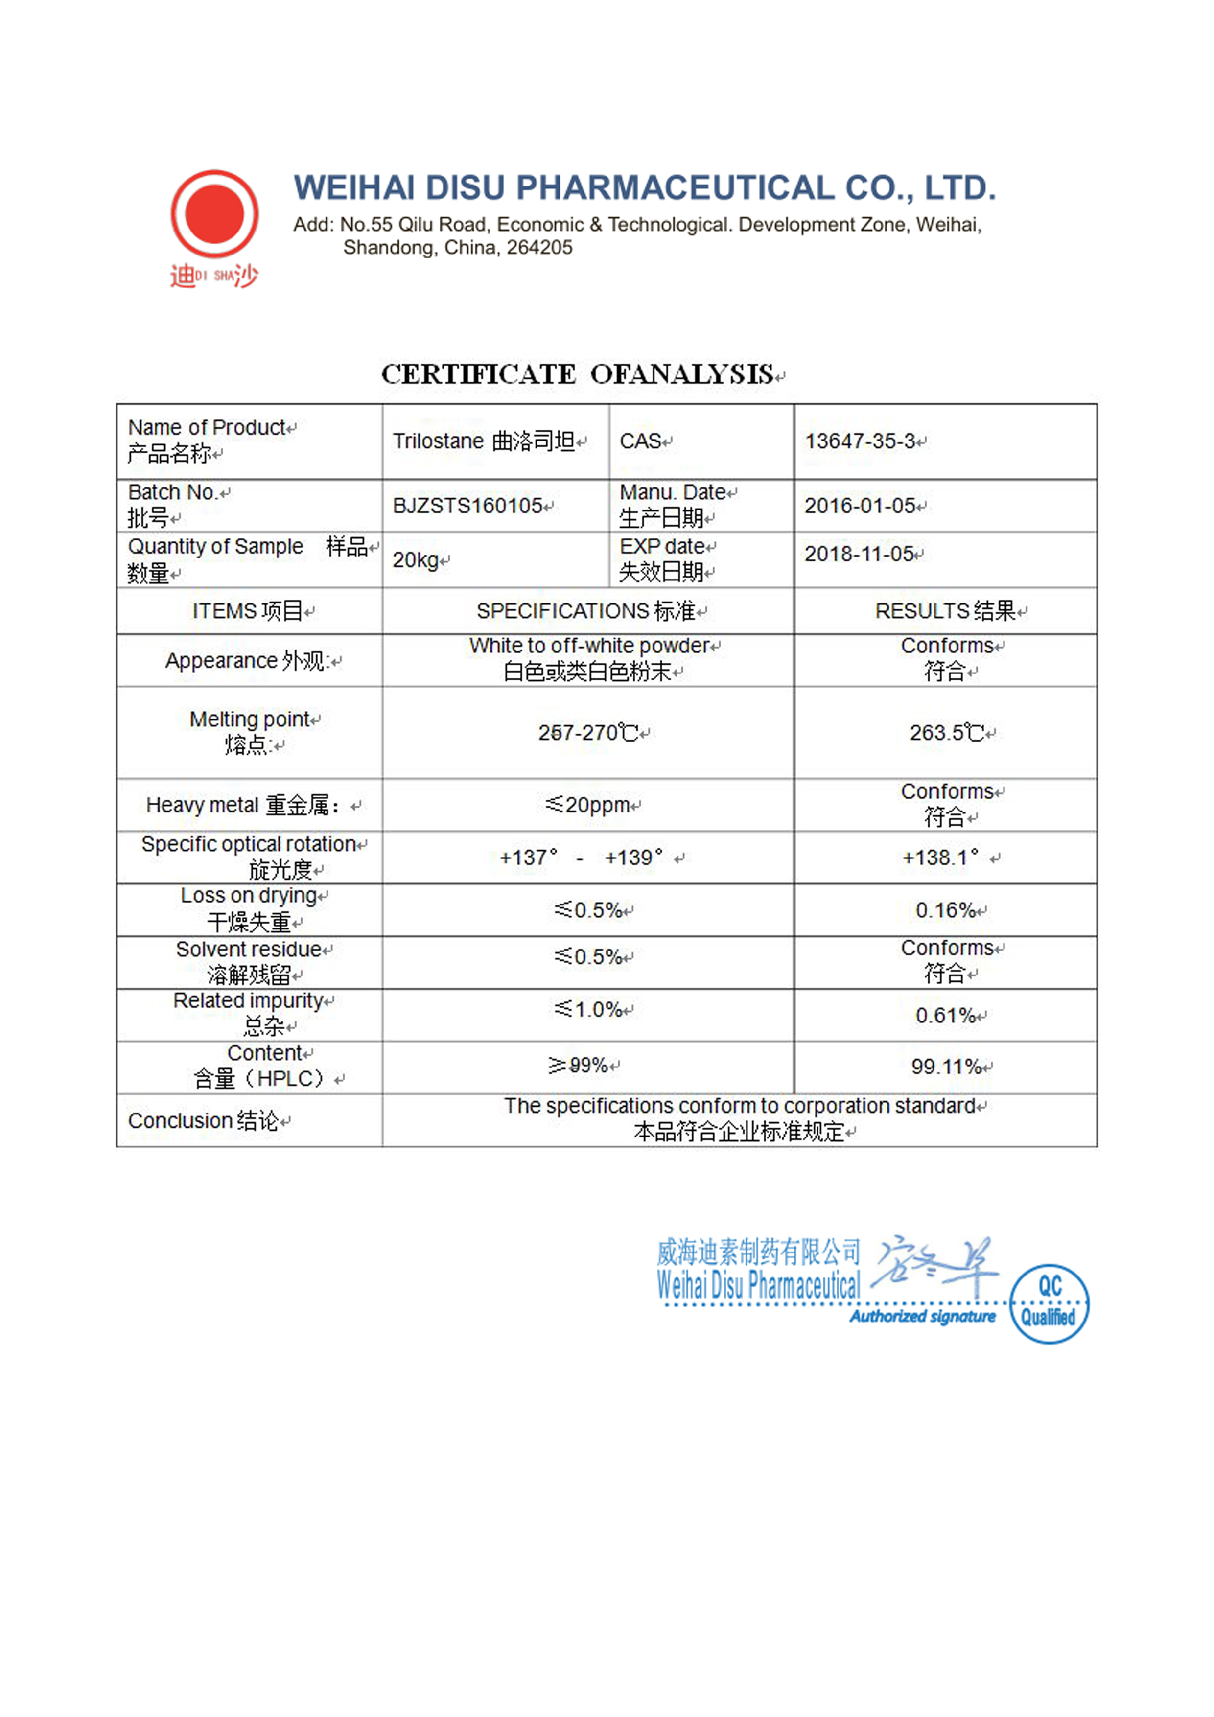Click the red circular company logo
[215, 214]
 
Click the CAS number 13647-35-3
[860, 441]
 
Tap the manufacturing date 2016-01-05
[860, 506]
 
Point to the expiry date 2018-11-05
[860, 554]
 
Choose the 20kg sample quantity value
[416, 560]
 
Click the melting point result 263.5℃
[946, 733]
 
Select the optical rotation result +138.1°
[940, 858]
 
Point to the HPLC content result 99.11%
[946, 1067]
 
